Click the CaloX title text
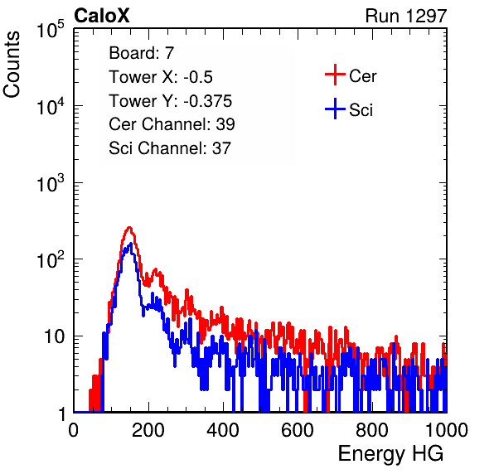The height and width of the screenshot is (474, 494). pos(101,16)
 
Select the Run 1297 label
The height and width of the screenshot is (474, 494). pos(406,16)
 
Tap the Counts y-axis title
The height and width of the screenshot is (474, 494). pos(12,65)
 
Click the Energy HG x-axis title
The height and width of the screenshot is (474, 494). pos(390,453)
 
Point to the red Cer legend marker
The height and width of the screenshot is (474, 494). pos(335,75)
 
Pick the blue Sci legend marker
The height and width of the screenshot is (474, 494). pos(335,109)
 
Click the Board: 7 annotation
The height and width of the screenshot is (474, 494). pos(142,53)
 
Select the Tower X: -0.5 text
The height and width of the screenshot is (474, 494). pos(161,77)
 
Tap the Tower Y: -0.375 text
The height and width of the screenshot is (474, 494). pos(171,101)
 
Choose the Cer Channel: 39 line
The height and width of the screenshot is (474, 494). pos(172,124)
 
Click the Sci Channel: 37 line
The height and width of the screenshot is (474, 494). pos(170,148)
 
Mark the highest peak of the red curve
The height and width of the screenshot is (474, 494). pos(129,227)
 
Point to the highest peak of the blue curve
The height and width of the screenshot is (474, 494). pos(131,244)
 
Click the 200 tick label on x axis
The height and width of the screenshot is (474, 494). pos(148,430)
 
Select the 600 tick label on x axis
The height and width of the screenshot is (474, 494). pos(298,430)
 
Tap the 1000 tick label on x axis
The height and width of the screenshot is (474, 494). pos(447,430)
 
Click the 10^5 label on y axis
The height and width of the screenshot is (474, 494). pos(51,30)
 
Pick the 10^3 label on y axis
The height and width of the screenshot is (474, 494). pos(51,183)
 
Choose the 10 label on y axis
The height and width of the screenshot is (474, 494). pos(55,336)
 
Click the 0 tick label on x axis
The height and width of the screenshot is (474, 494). pos(74,430)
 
